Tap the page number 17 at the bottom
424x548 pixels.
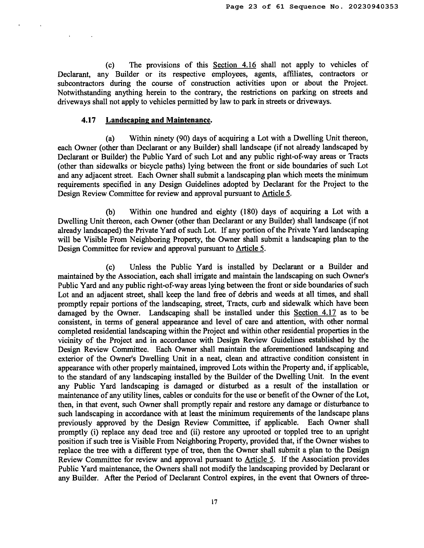(214, 502)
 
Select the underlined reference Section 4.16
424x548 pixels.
(234, 65)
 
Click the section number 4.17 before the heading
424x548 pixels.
(88, 120)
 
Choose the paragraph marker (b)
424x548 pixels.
(110, 212)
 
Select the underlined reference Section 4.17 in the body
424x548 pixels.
(315, 313)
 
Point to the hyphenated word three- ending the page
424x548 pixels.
(359, 478)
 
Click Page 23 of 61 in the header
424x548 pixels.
(255, 7)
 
